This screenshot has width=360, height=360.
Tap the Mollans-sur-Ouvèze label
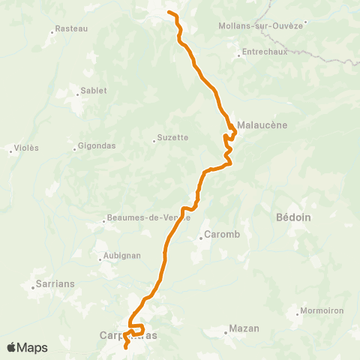[260, 25]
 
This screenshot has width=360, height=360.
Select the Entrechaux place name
[260, 53]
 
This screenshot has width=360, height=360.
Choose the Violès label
[27, 148]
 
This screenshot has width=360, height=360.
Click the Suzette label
[175, 138]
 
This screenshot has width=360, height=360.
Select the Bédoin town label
[294, 217]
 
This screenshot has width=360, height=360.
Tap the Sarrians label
[55, 285]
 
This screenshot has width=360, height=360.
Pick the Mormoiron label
[322, 309]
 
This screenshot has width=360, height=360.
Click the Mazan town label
[245, 329]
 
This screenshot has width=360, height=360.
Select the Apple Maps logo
[27, 347]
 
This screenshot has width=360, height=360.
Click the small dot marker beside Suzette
[154, 139]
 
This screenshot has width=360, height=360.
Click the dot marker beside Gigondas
[75, 148]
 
